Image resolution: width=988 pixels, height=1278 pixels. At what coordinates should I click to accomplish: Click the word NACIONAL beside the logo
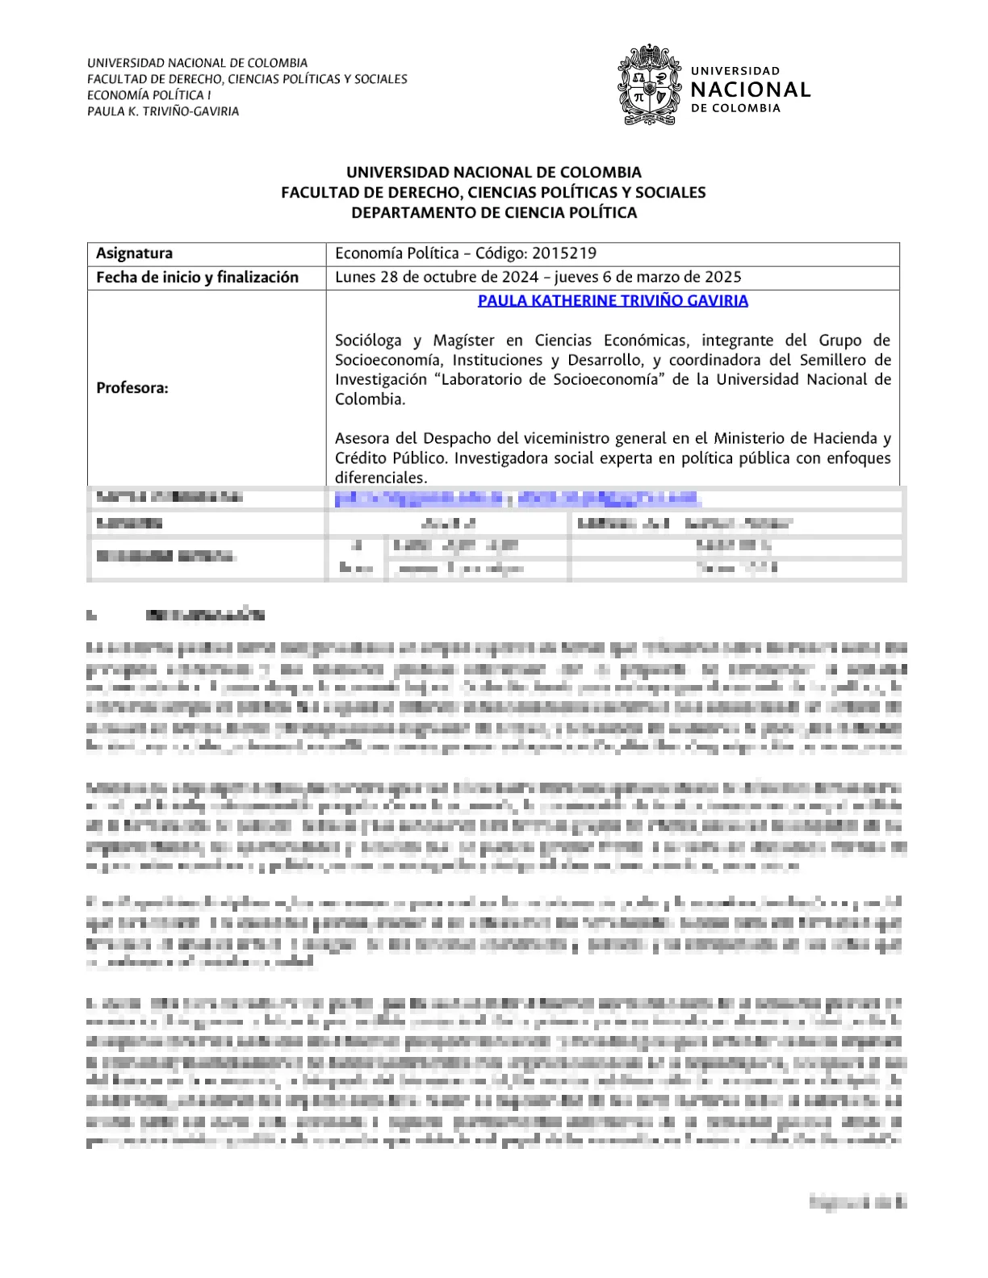[751, 90]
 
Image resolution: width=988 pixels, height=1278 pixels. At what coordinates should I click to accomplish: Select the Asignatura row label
[134, 253]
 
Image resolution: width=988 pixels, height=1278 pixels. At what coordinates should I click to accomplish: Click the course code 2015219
[564, 253]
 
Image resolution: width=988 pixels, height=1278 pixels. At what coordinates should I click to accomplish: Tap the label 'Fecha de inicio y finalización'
[197, 278]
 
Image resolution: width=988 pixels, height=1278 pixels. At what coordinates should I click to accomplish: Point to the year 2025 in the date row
[723, 278]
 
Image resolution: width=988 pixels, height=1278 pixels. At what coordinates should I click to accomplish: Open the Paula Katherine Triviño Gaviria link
[613, 301]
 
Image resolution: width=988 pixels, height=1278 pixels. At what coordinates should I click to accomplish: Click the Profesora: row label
[132, 388]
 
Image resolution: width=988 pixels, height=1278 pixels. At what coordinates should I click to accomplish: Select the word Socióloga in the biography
[368, 340]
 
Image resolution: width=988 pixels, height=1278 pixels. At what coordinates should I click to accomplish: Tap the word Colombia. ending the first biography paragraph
[370, 399]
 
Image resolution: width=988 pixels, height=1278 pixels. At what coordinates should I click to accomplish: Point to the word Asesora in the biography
[362, 439]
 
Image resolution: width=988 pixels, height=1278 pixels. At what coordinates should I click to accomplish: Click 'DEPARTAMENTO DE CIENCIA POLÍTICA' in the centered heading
[493, 213]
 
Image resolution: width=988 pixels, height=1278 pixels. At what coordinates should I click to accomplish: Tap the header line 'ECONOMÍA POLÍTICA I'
[149, 95]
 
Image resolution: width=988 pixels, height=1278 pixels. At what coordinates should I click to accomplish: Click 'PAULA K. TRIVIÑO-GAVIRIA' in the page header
[163, 111]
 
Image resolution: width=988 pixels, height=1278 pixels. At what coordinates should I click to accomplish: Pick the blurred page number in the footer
[857, 1203]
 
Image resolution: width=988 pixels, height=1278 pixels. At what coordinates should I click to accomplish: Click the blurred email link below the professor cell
[517, 499]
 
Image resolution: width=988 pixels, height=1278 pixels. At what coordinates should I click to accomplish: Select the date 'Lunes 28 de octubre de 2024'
[437, 278]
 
